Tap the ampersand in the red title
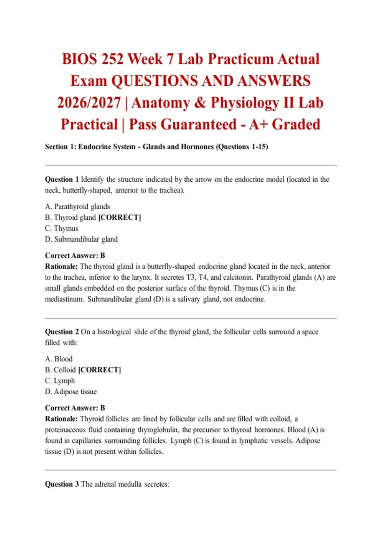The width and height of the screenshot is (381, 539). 200,103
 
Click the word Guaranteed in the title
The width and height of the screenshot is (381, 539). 183,124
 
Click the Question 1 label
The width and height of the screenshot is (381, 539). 62,179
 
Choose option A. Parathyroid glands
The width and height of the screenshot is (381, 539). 77,207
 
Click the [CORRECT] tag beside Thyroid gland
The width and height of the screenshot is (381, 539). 120,218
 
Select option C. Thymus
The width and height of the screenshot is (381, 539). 62,228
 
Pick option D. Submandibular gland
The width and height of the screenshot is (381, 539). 81,239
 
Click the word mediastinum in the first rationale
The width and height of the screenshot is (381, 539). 64,299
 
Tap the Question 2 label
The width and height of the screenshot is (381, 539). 62,332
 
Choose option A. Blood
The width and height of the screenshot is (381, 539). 59,359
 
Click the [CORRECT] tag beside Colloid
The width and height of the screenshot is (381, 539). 100,370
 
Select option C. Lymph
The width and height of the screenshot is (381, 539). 60,381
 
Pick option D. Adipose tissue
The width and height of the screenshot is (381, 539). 71,392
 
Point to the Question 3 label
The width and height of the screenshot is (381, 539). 62,484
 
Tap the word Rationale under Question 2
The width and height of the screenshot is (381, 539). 61,419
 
